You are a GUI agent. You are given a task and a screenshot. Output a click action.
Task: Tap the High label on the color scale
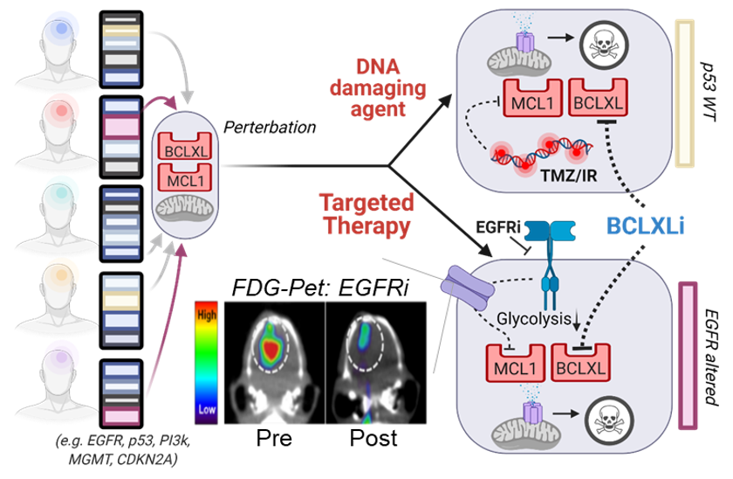[208, 310]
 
